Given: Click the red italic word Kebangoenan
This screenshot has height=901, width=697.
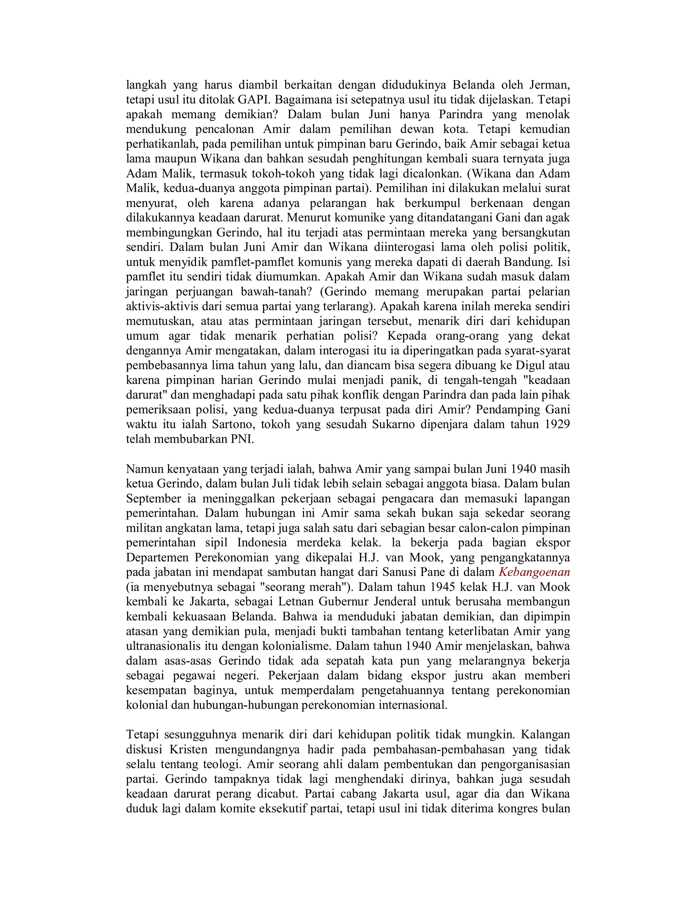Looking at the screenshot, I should point(534,572).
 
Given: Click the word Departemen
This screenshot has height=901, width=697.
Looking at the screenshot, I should point(157,557).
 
